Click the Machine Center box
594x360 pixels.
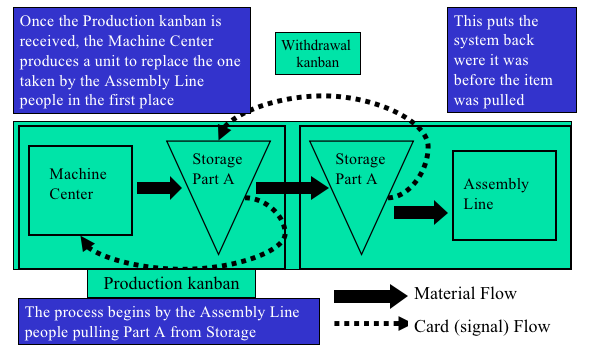tap(80, 190)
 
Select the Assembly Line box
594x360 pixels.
tap(504, 196)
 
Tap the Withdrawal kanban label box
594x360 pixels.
tap(318, 53)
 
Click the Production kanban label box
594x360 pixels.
tap(171, 283)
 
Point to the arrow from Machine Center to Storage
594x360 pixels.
tap(159, 188)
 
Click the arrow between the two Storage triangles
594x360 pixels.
tap(292, 188)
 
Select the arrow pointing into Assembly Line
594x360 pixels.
tap(420, 213)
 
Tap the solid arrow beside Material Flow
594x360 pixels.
tap(370, 296)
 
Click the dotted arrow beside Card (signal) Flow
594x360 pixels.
tap(371, 324)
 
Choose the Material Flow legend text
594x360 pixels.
tap(465, 294)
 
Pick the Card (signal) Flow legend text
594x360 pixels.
tap(482, 327)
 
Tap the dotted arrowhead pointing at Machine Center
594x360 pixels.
tap(87, 244)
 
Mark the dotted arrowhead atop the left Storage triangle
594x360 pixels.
tap(223, 131)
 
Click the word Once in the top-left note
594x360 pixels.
tap(37, 21)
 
